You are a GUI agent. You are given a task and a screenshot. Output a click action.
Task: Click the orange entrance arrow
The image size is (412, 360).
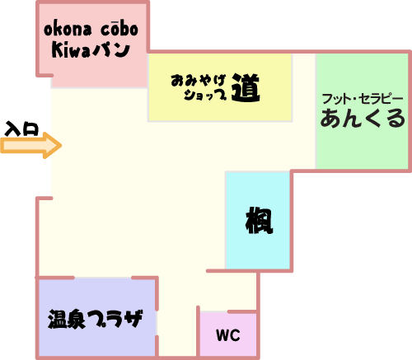click(x=30, y=145)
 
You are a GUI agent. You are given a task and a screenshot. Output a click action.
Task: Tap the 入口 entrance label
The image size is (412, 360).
click(x=22, y=129)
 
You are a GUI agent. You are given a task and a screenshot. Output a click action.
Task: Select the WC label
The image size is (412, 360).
click(x=228, y=335)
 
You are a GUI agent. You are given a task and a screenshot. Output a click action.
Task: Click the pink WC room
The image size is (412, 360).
click(x=228, y=334)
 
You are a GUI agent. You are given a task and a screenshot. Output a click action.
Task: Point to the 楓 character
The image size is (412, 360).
click(x=259, y=220)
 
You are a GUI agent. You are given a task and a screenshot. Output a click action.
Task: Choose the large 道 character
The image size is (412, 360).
click(x=246, y=88)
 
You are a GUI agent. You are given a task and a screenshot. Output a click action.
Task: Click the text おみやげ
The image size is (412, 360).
click(x=199, y=81)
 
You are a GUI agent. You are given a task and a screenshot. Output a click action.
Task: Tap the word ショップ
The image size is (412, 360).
click(x=205, y=95)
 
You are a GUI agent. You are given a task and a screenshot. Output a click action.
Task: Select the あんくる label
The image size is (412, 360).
click(x=363, y=118)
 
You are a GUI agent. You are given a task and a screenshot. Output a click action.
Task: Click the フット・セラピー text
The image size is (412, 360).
click(x=363, y=99)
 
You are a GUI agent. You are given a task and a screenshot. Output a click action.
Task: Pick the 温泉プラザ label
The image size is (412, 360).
click(x=96, y=319)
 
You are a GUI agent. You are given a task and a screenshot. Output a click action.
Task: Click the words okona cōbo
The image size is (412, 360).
click(x=91, y=29)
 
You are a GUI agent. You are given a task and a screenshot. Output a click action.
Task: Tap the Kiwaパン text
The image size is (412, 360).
click(x=91, y=50)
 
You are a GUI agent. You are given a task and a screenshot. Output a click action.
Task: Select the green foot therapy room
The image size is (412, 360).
click(x=362, y=111)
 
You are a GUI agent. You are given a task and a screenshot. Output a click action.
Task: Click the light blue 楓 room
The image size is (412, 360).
click(x=258, y=220)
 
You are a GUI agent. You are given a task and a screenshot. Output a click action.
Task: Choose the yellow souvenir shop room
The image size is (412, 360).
click(x=220, y=87)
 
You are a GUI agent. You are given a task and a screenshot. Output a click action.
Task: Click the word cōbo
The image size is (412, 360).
click(x=119, y=29)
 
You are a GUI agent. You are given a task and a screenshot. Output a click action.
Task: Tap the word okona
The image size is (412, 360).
click(x=68, y=29)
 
